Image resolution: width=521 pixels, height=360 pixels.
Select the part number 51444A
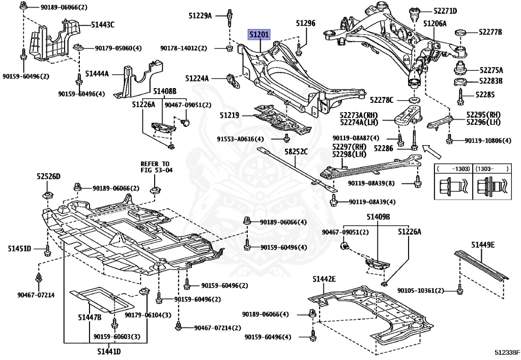[97, 74]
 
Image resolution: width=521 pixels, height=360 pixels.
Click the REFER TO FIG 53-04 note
[154, 167]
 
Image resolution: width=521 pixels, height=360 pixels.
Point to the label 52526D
[48, 176]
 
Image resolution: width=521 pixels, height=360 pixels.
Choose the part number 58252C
[296, 151]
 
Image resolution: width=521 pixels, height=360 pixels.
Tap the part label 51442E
[324, 279]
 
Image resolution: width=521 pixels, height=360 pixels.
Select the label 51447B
[90, 317]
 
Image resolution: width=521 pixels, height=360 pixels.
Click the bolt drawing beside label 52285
[460, 95]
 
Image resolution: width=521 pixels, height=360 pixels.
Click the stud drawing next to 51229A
[230, 16]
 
